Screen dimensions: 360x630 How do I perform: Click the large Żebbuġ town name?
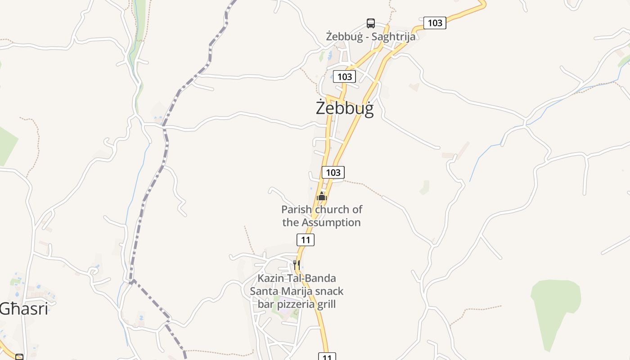(x=344, y=108)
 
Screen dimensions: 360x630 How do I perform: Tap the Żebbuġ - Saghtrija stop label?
(x=370, y=36)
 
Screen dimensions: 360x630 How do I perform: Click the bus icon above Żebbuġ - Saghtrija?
(x=370, y=23)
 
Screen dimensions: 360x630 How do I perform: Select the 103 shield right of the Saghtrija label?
(x=435, y=23)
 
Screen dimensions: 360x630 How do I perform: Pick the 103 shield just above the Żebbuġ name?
(x=344, y=76)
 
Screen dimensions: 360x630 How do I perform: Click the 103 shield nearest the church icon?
(x=333, y=172)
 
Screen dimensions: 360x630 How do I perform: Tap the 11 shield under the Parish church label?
(x=306, y=240)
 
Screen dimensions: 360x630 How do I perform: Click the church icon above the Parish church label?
(x=321, y=196)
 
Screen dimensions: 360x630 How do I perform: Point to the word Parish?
(x=297, y=209)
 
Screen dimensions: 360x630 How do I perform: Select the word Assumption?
(x=331, y=222)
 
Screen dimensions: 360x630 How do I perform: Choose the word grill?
(x=326, y=304)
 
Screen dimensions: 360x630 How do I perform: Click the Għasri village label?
(x=23, y=309)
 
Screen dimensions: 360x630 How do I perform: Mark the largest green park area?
(x=555, y=306)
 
